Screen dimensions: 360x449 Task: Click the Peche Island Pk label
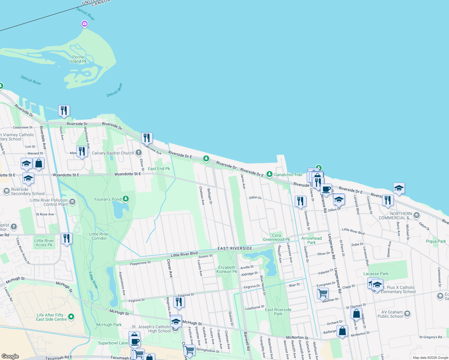78,59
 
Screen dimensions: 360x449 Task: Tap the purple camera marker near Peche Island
85,24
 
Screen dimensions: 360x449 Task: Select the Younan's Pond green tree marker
126,199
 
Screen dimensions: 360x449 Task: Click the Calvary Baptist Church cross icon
138,153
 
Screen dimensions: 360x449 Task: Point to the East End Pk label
159,169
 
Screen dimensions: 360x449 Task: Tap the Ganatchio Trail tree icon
270,174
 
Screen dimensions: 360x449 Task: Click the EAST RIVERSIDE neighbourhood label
235,248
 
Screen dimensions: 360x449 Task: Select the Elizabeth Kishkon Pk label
227,269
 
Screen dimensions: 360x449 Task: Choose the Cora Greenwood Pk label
276,237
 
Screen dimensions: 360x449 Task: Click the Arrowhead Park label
312,240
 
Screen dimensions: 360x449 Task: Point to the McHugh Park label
109,325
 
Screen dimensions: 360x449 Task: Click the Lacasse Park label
376,274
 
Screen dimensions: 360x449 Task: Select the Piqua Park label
436,241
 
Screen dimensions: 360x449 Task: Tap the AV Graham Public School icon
407,314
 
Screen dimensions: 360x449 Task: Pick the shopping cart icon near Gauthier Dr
323,293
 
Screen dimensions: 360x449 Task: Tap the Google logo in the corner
10,356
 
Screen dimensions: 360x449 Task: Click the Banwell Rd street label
247,341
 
